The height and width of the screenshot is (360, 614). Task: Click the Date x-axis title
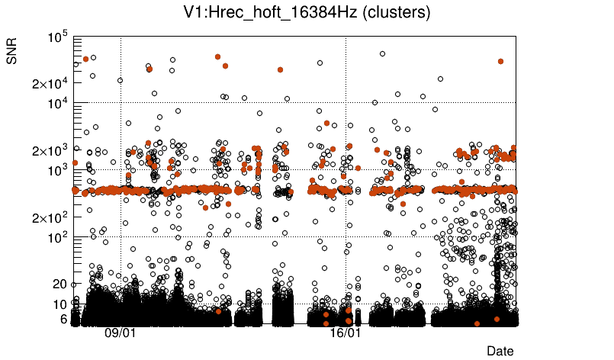coord(500,350)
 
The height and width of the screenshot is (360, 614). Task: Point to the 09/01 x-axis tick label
coord(121,333)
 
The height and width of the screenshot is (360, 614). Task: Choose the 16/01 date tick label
coord(346,333)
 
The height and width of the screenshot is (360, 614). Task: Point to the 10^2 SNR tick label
coord(59,238)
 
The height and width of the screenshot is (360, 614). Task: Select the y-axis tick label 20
coord(61,284)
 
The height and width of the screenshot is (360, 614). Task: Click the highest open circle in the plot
coord(382,53)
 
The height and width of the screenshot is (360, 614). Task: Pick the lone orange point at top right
coord(500,61)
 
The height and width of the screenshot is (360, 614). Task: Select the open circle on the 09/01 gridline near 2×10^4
coord(121,80)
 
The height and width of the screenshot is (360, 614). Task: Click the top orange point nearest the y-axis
coord(85,58)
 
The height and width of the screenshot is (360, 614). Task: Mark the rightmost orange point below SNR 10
coord(497,319)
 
